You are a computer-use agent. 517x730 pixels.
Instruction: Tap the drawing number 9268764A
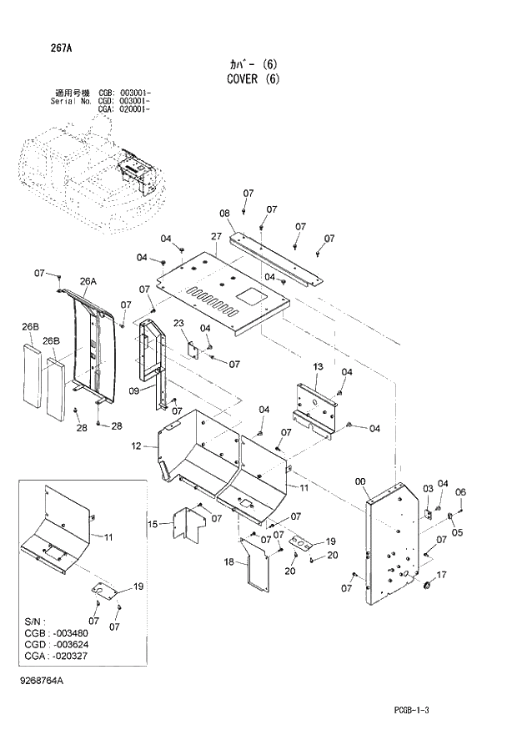[38, 682]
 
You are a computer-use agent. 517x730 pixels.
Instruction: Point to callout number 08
[224, 214]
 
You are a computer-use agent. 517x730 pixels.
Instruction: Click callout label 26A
[88, 282]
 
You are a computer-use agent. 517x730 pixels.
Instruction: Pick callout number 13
[318, 367]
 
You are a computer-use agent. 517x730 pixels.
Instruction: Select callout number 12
[137, 447]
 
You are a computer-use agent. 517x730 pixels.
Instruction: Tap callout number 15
[152, 524]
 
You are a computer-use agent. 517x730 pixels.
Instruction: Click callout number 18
[228, 563]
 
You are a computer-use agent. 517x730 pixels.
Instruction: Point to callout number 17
[442, 574]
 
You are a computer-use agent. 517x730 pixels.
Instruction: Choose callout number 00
[360, 481]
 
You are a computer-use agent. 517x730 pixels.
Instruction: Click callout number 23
[178, 324]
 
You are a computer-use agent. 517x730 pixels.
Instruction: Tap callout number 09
[133, 390]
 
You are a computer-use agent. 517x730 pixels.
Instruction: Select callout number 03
[428, 488]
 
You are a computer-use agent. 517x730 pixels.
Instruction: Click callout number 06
[460, 491]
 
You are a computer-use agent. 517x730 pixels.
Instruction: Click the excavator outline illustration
[92, 171]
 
